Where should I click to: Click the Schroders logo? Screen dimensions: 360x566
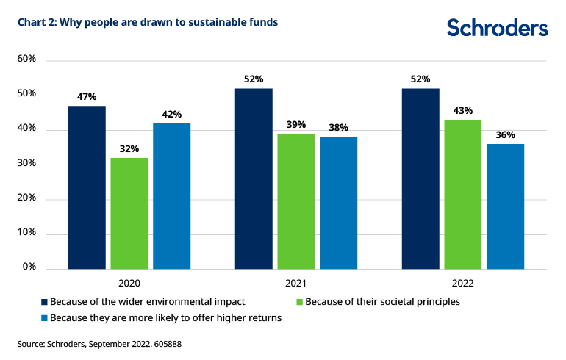pos(497,28)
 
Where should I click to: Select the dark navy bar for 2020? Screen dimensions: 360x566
pos(87,187)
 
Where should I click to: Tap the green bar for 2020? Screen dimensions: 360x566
pos(129,212)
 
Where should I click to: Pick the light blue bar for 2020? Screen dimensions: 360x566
pos(172,195)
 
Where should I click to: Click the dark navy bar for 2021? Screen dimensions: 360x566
pos(254,178)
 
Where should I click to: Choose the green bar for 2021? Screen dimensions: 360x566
pos(296,201)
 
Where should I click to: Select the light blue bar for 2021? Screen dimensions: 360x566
pos(339,202)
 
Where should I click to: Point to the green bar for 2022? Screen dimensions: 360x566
pos(463,193)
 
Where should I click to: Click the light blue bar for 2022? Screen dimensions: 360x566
pos(506,206)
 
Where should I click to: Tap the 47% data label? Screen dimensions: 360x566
pos(87,96)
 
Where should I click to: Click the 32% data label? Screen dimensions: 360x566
pos(129,148)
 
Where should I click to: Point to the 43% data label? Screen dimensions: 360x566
pos(463,110)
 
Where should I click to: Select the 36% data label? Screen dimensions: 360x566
pos(506,134)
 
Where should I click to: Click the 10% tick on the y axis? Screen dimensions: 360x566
pos(27,233)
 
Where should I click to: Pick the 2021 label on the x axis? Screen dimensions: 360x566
pos(296,283)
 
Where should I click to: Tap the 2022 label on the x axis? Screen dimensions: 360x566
pos(463,283)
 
